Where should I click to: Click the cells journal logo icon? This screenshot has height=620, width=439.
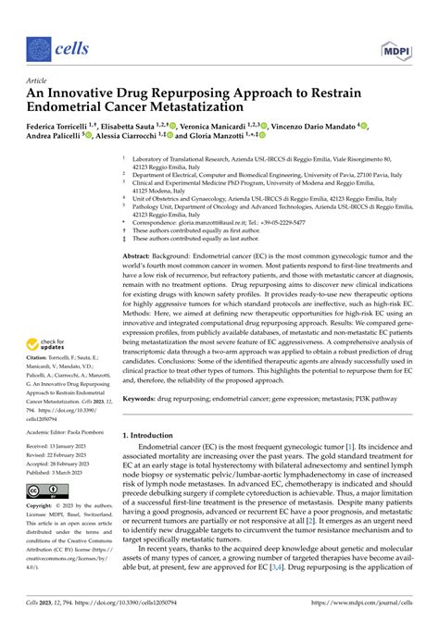(38, 48)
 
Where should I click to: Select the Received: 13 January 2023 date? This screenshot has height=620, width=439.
(62, 447)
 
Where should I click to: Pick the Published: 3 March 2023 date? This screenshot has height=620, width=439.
(61, 472)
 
